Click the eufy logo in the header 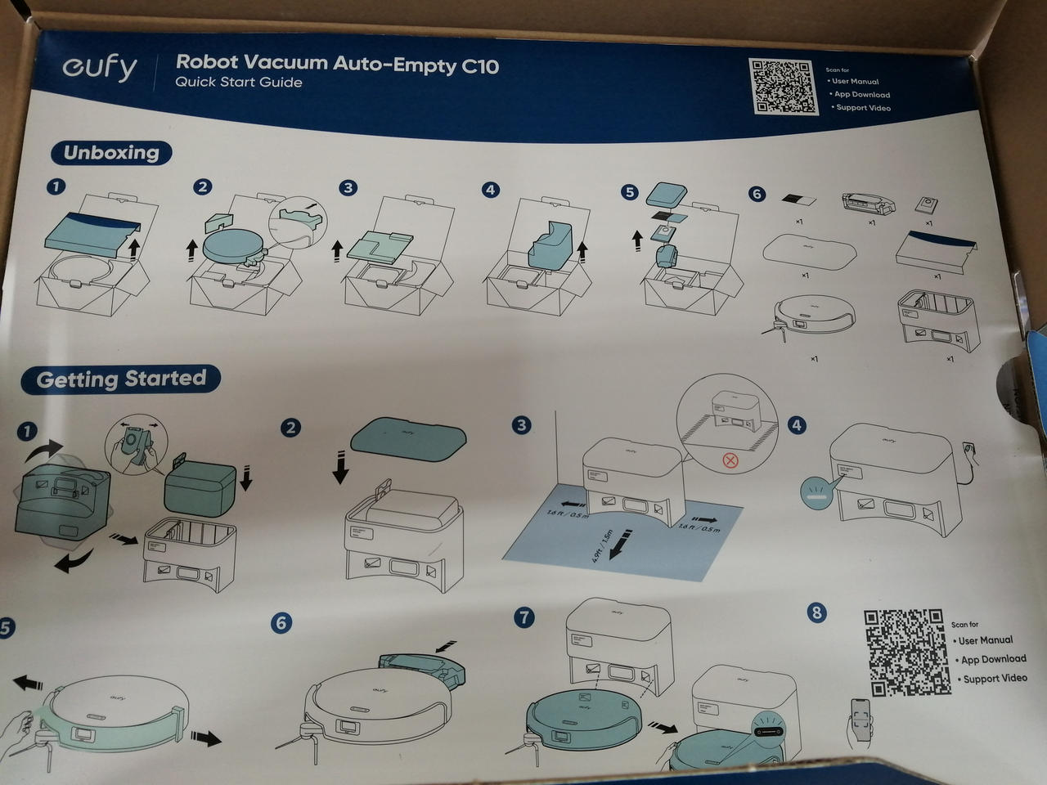(100, 68)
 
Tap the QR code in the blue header (784, 87)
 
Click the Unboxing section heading (111, 153)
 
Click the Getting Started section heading (121, 379)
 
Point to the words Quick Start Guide (238, 83)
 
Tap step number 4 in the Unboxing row (490, 190)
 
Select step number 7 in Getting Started (523, 617)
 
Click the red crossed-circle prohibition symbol (730, 460)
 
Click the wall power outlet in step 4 (971, 447)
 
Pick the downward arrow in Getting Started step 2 (339, 466)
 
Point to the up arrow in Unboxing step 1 (137, 243)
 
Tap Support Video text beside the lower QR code (995, 679)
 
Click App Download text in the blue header (861, 95)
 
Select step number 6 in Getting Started (281, 623)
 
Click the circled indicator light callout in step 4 (818, 493)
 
